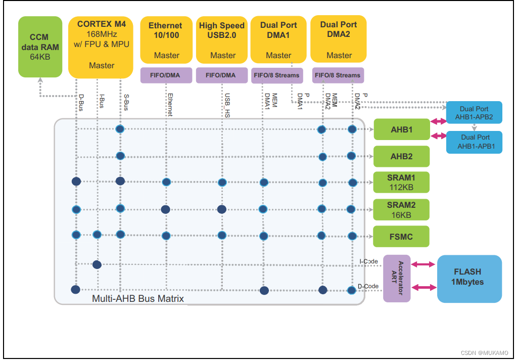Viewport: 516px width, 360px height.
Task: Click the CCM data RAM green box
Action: pos(40,47)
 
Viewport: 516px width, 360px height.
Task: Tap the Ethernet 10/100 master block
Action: pos(165,40)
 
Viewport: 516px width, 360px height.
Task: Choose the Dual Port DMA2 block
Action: pos(338,39)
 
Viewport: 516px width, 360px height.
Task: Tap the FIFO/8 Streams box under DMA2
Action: pos(338,75)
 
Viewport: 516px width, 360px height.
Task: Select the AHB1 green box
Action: pos(401,129)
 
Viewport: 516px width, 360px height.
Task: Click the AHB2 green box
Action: pos(401,156)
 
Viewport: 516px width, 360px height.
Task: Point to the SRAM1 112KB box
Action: pos(401,183)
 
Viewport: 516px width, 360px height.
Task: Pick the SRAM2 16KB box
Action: pos(401,209)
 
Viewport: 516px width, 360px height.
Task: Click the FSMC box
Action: pos(401,236)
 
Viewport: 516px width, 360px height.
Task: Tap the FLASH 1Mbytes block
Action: pos(468,279)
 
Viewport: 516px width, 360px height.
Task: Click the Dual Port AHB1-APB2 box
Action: pos(474,113)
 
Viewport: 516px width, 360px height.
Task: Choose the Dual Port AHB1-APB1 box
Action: pos(474,142)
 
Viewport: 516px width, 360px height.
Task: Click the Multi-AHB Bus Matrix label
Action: pos(137,299)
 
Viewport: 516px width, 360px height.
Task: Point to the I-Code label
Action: pos(368,261)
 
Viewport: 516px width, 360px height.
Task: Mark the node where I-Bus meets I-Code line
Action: pos(97,264)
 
